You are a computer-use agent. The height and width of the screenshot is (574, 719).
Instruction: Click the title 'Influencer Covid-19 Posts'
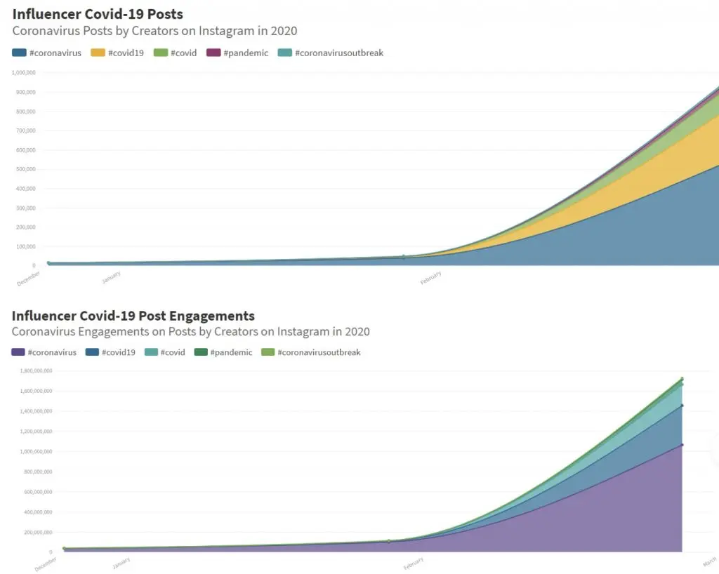[x=98, y=14]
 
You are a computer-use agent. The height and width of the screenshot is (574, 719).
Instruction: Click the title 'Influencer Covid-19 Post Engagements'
[x=133, y=316]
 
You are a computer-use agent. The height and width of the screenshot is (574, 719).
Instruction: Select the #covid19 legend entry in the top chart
[x=118, y=53]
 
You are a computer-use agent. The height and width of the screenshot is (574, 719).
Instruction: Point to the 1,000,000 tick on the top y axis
[x=24, y=72]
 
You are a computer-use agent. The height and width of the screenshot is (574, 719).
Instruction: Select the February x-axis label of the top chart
[x=430, y=278]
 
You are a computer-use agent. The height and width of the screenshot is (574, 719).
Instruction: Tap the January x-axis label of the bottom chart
[x=121, y=563]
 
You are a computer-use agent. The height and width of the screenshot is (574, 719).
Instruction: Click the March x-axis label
[x=708, y=561]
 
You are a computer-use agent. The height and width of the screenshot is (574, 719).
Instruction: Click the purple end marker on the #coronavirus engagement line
[x=682, y=445]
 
